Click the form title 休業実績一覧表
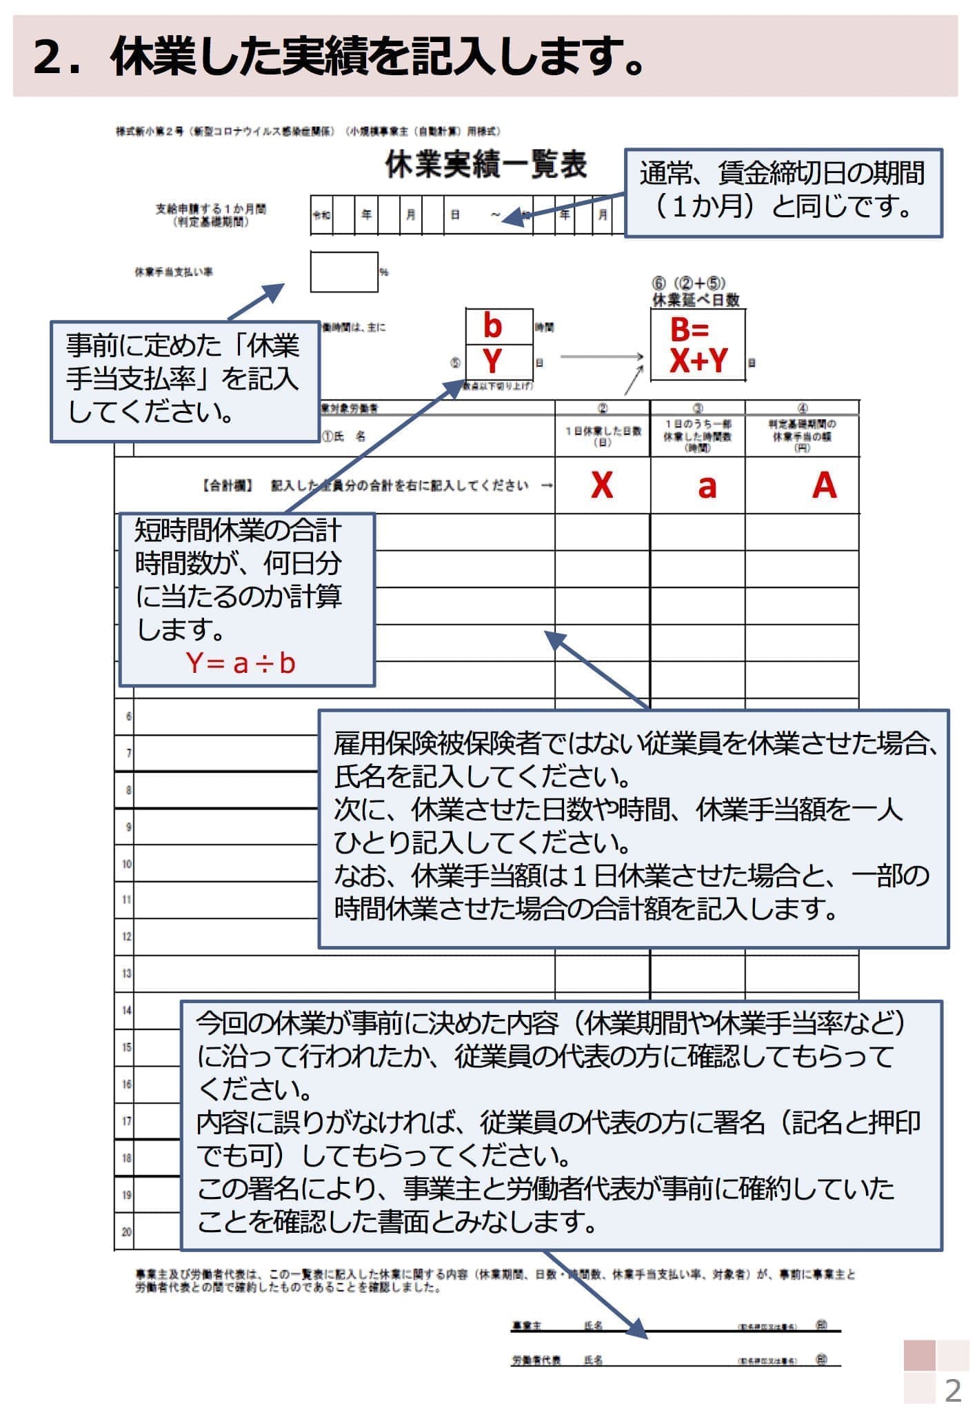pos(486,166)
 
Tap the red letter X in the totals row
pos(601,485)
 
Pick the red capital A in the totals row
pos(824,485)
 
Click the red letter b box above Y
pos(492,326)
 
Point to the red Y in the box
pos(492,361)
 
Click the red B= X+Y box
pos(697,345)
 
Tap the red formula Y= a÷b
pos(241,663)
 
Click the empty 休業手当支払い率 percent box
pos(343,272)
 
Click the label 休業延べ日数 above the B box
pos(696,300)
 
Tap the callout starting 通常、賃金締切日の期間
pos(783,193)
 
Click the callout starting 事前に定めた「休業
pos(183,380)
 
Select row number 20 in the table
pos(126,1231)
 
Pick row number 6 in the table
pos(128,716)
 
